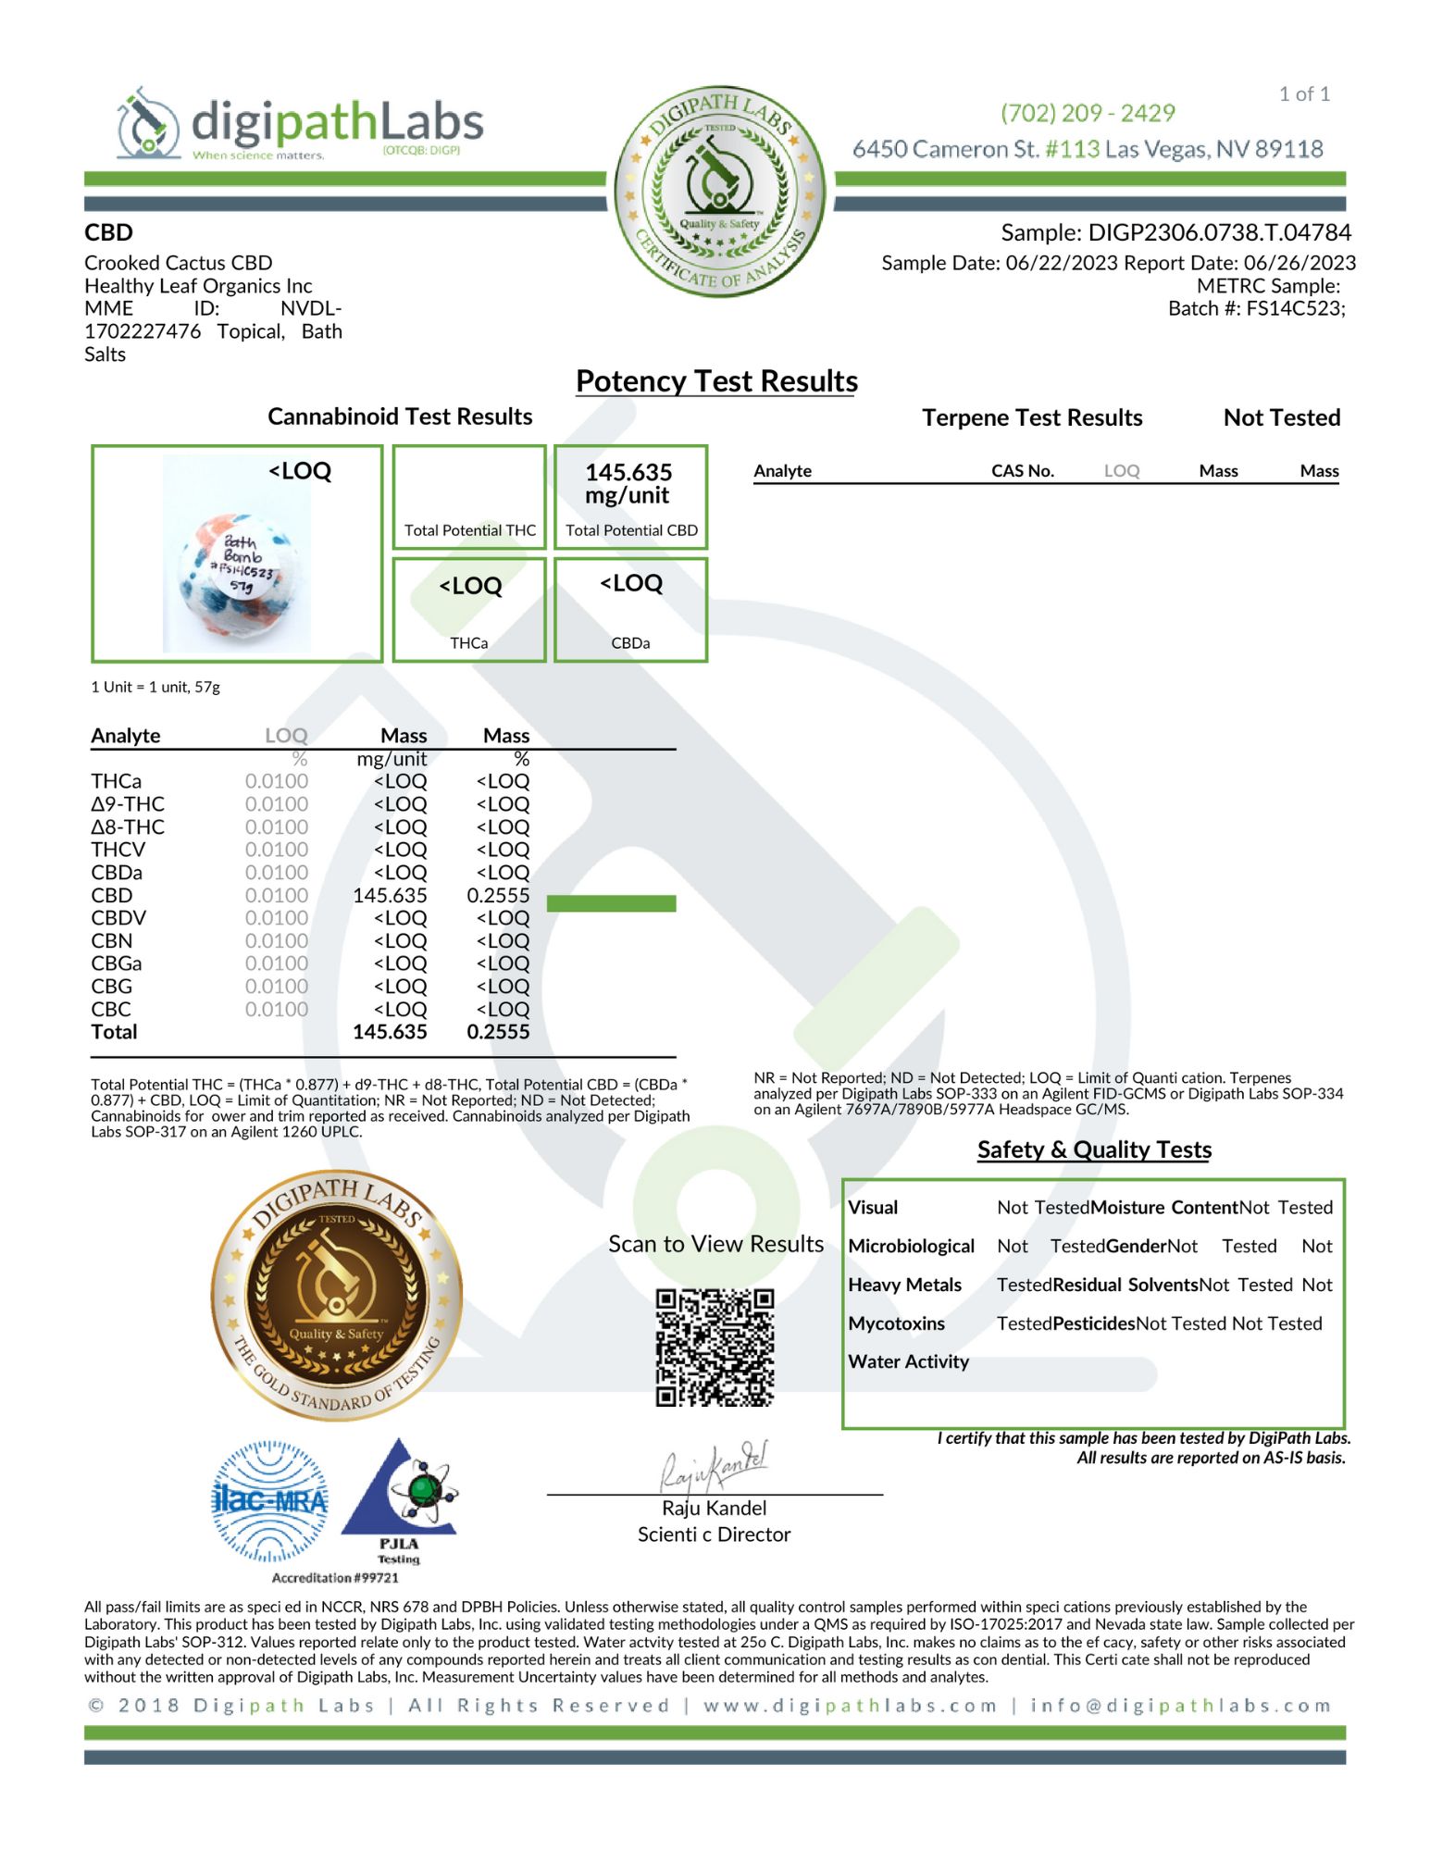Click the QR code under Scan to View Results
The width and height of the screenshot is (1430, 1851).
715,1347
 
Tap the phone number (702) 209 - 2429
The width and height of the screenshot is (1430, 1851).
1087,113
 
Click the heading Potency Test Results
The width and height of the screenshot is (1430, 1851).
716,381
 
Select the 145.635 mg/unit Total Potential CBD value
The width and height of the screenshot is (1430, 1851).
628,484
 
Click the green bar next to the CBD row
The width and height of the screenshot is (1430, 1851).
611,903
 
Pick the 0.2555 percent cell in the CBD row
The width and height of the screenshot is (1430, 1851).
498,895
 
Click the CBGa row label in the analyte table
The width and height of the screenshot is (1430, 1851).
116,963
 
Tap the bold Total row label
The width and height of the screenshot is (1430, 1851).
114,1032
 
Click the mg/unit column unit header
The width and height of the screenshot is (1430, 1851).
392,759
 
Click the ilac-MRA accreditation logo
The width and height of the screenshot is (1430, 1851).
269,1500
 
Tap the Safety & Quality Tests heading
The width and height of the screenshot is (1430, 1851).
1094,1149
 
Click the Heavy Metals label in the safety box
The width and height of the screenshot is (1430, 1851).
904,1285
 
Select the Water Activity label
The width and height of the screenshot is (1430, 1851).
908,1361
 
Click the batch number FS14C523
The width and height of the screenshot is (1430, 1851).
1293,308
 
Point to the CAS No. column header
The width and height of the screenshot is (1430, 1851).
1022,470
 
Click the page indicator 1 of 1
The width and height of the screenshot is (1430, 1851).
1304,93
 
